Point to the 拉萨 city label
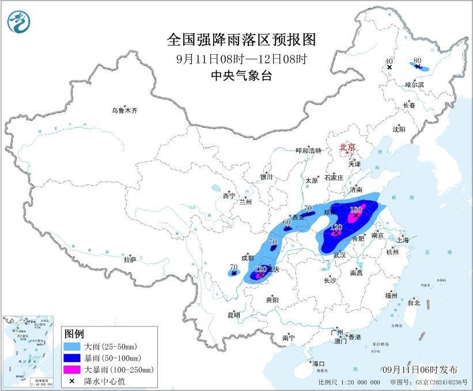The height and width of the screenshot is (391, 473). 130,260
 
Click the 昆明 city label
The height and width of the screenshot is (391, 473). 233,315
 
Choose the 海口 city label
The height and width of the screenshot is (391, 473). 318,363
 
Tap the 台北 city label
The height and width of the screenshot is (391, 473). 413,302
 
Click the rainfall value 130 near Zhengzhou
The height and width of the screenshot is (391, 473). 355,209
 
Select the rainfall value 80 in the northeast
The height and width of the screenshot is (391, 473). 417,59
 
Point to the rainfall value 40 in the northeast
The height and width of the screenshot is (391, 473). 389,60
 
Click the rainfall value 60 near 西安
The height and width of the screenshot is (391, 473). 287,222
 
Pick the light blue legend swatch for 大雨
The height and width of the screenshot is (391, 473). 74,346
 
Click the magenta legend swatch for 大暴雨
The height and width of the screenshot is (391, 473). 74,369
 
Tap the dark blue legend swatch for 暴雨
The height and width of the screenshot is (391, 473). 74,358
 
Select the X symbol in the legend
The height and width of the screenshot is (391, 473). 74,381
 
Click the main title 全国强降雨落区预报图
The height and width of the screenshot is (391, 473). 242,40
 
